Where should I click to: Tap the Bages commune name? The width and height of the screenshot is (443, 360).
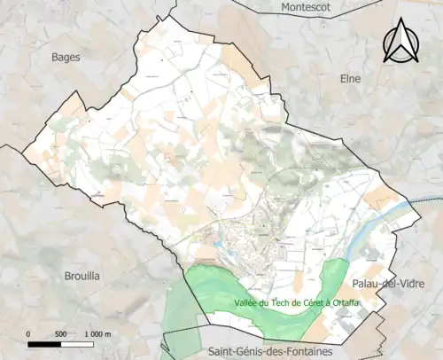click(66, 57)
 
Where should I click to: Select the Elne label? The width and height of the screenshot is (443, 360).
click(352, 78)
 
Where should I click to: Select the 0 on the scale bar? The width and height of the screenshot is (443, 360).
click(29, 333)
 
